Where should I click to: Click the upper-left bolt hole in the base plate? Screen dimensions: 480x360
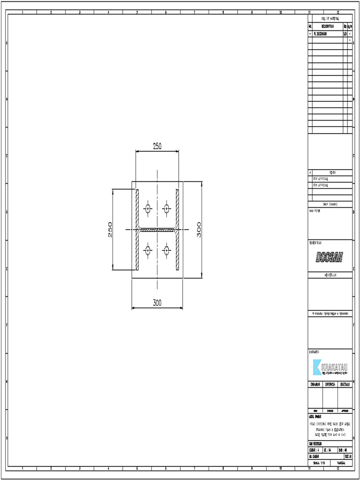(148, 208)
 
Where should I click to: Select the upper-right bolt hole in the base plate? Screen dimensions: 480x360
(166, 208)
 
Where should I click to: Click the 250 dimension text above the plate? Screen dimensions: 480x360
(157, 146)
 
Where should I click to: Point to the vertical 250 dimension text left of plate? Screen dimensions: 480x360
(110, 229)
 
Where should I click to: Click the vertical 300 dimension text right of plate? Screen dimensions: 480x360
(199, 229)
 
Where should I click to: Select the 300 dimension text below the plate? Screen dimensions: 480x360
(157, 303)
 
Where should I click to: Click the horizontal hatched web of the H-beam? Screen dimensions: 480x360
(157, 230)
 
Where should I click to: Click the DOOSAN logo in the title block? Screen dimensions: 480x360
(330, 257)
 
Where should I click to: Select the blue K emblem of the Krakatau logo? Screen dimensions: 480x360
(316, 367)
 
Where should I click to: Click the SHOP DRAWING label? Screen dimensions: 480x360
(330, 204)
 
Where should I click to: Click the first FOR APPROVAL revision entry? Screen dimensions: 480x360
(321, 179)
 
